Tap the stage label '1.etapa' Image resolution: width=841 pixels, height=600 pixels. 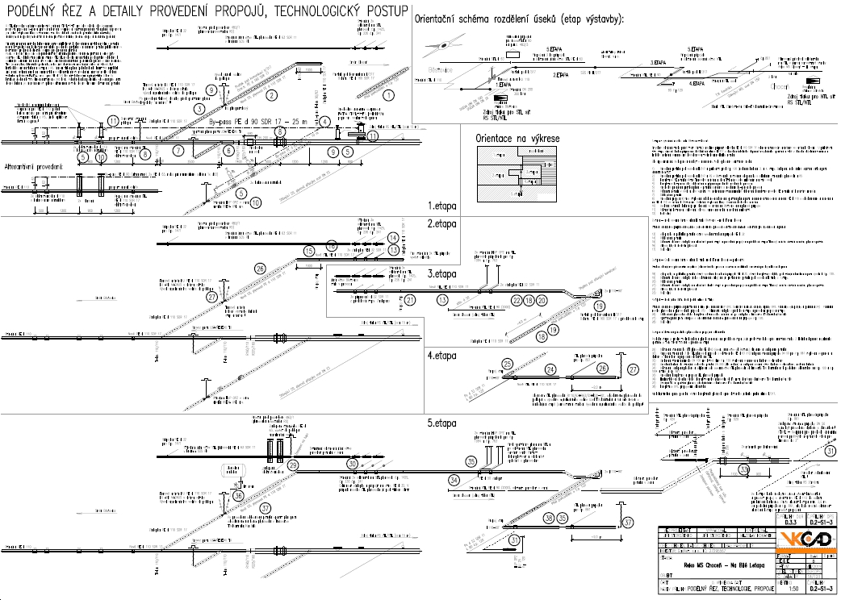click(441, 206)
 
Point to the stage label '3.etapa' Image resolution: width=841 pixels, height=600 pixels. click(441, 273)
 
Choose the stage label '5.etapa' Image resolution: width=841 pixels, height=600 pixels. click(442, 423)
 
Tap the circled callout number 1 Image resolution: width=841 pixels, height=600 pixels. click(388, 94)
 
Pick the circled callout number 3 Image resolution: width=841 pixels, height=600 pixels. click(199, 108)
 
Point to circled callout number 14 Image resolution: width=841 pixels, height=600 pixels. click(392, 238)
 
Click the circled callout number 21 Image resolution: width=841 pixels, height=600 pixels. click(410, 300)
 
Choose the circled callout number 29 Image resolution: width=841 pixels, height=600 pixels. click(292, 465)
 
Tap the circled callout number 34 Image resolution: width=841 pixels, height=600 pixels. click(454, 481)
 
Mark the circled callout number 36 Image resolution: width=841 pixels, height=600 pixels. click(237, 495)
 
